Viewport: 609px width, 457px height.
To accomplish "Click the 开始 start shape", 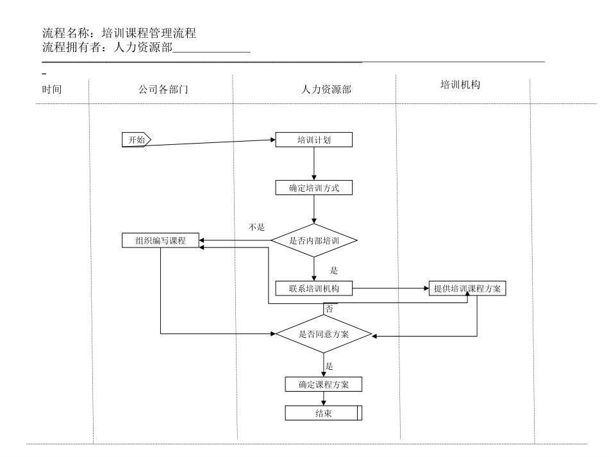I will (x=136, y=140).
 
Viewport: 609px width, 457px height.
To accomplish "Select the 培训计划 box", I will (x=314, y=140).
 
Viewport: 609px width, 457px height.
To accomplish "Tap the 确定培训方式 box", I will (x=314, y=188).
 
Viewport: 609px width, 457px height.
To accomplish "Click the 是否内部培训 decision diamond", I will (x=314, y=241).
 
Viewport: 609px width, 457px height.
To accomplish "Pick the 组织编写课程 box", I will (x=160, y=241).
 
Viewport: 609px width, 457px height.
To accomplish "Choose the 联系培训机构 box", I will (x=314, y=288).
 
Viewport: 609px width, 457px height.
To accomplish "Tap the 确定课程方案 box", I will (x=324, y=385).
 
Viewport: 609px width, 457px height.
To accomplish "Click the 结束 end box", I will (x=324, y=413).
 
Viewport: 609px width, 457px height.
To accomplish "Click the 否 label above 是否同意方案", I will (x=330, y=309).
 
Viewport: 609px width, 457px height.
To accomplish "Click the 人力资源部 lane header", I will (x=326, y=90).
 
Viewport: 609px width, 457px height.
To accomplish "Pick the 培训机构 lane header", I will (x=460, y=84).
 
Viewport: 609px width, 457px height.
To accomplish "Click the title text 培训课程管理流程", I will (x=144, y=34).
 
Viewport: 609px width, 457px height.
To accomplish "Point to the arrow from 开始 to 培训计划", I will (x=212, y=142).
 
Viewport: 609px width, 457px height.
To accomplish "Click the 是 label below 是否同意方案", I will (x=330, y=367).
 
